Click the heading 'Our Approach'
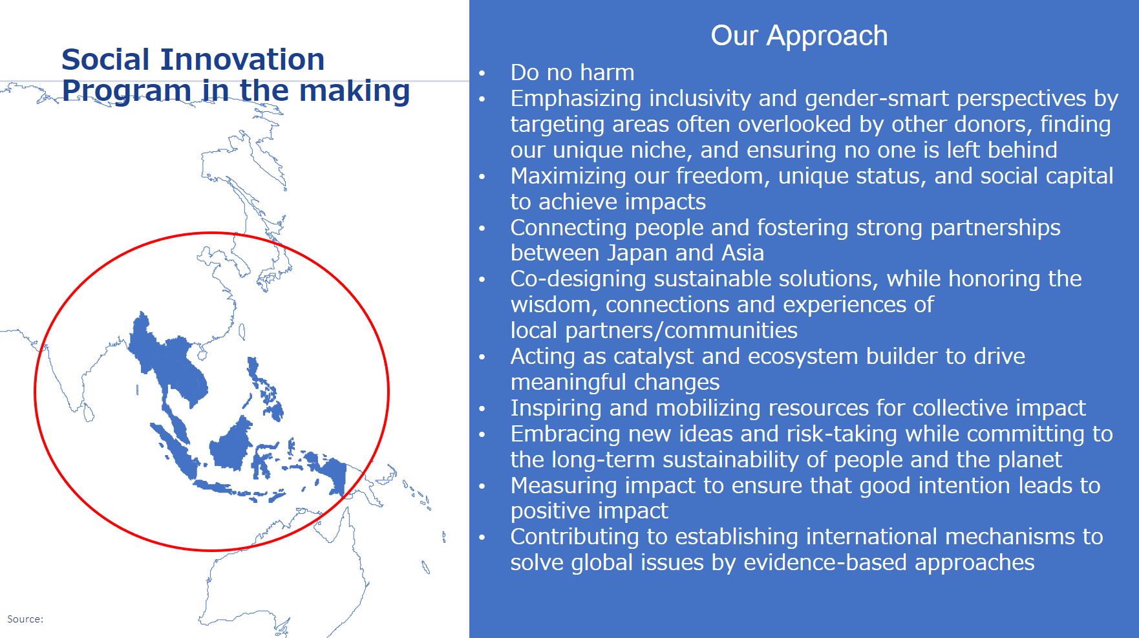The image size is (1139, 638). pyautogui.click(x=799, y=36)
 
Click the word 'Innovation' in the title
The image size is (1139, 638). pyautogui.click(x=242, y=59)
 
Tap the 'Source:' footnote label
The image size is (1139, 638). pyautogui.click(x=25, y=619)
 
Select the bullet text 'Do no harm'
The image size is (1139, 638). pyautogui.click(x=572, y=72)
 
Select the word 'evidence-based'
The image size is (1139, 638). pyautogui.click(x=825, y=563)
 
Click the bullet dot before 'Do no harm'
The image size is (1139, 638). pyautogui.click(x=482, y=73)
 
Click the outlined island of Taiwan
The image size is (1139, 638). pyautogui.click(x=242, y=332)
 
